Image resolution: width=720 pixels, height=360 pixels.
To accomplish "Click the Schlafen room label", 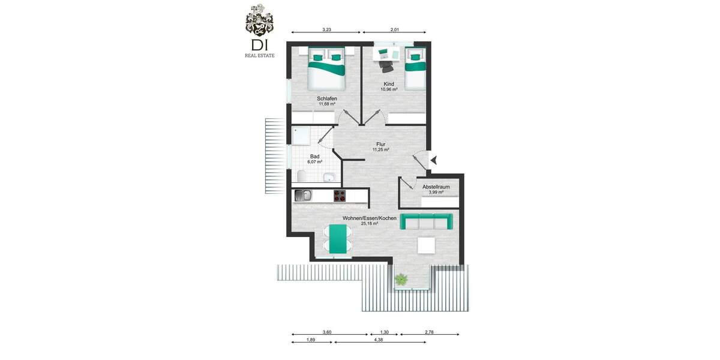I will click(327, 98).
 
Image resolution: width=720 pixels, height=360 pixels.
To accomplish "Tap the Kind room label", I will click(389, 84).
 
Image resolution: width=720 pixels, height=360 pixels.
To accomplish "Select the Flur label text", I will click(380, 144).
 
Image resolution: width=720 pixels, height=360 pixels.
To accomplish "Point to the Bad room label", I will click(315, 156).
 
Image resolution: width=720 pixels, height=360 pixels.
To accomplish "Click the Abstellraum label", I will click(436, 187).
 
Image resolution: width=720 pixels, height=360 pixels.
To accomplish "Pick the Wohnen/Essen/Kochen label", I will click(369, 218).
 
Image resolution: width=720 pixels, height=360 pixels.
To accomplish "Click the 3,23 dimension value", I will click(326, 29).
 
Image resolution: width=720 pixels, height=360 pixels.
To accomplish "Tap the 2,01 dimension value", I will click(395, 29).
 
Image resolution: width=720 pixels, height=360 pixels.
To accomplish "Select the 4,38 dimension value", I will click(379, 340).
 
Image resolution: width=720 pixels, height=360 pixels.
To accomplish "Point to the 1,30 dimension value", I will click(384, 332).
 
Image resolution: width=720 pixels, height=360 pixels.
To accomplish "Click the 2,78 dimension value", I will click(429, 332).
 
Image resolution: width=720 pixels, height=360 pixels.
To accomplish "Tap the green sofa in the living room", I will click(426, 222).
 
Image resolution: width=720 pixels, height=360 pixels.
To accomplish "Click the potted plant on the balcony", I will click(400, 278).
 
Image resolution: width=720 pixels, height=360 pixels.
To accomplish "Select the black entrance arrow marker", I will click(434, 160).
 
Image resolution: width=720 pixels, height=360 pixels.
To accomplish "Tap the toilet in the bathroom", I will click(301, 176).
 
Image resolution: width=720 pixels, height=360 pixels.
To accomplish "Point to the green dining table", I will click(338, 239).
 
